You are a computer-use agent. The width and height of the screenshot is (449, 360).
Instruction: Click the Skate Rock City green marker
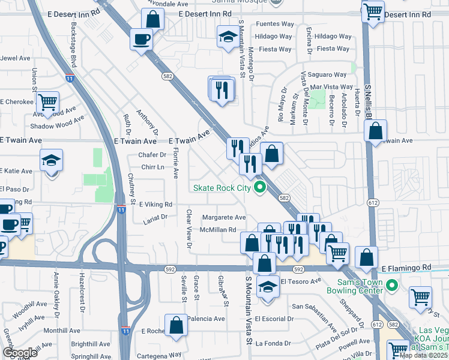click(260, 188)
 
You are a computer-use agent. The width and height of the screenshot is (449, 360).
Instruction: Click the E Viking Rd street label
click(155, 205)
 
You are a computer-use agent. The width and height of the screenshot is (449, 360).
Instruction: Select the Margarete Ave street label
click(224, 217)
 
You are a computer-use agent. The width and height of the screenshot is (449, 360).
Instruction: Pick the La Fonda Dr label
click(273, 344)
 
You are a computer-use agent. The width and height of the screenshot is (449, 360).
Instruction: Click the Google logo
click(20, 353)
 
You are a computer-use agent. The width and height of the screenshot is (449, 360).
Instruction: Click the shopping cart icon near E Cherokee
click(47, 101)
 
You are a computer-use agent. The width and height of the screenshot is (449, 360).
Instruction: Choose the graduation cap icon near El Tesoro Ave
click(268, 287)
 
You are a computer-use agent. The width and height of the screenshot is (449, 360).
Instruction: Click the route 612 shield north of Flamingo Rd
click(373, 203)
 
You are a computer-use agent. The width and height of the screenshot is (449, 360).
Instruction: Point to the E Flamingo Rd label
click(406, 268)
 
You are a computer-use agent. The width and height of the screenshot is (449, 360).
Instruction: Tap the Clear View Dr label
click(188, 229)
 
